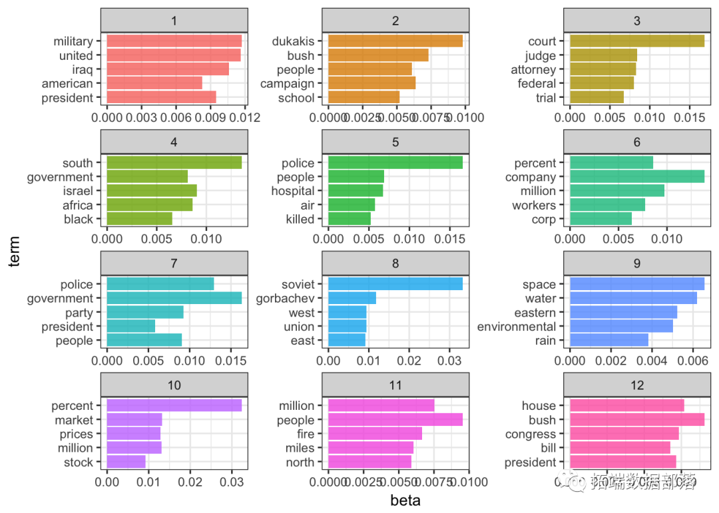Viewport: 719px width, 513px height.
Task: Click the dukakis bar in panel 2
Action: pos(395,41)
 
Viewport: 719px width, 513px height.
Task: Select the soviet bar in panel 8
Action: pos(395,284)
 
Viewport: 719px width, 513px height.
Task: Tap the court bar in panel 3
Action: pos(637,41)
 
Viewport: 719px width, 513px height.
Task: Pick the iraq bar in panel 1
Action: pos(168,69)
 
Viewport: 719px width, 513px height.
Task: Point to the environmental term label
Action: pos(517,327)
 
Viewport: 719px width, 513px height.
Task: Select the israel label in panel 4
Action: pos(78,191)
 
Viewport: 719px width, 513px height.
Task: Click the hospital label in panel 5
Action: pos(293,191)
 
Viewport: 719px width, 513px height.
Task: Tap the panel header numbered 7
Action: pos(174,263)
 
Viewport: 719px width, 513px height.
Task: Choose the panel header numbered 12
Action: pos(637,385)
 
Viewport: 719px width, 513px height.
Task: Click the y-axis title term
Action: pos(15,256)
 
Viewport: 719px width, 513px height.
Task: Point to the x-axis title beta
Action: pos(405,500)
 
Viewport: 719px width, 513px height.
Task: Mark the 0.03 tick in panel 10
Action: pos(231,481)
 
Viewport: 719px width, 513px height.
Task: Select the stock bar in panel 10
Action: pos(126,462)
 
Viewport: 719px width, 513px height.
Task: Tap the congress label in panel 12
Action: pos(531,434)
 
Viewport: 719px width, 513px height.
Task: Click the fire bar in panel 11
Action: pos(375,434)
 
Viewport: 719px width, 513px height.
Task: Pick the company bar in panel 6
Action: pos(637,177)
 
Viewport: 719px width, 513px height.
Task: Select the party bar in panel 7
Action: pos(145,313)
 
